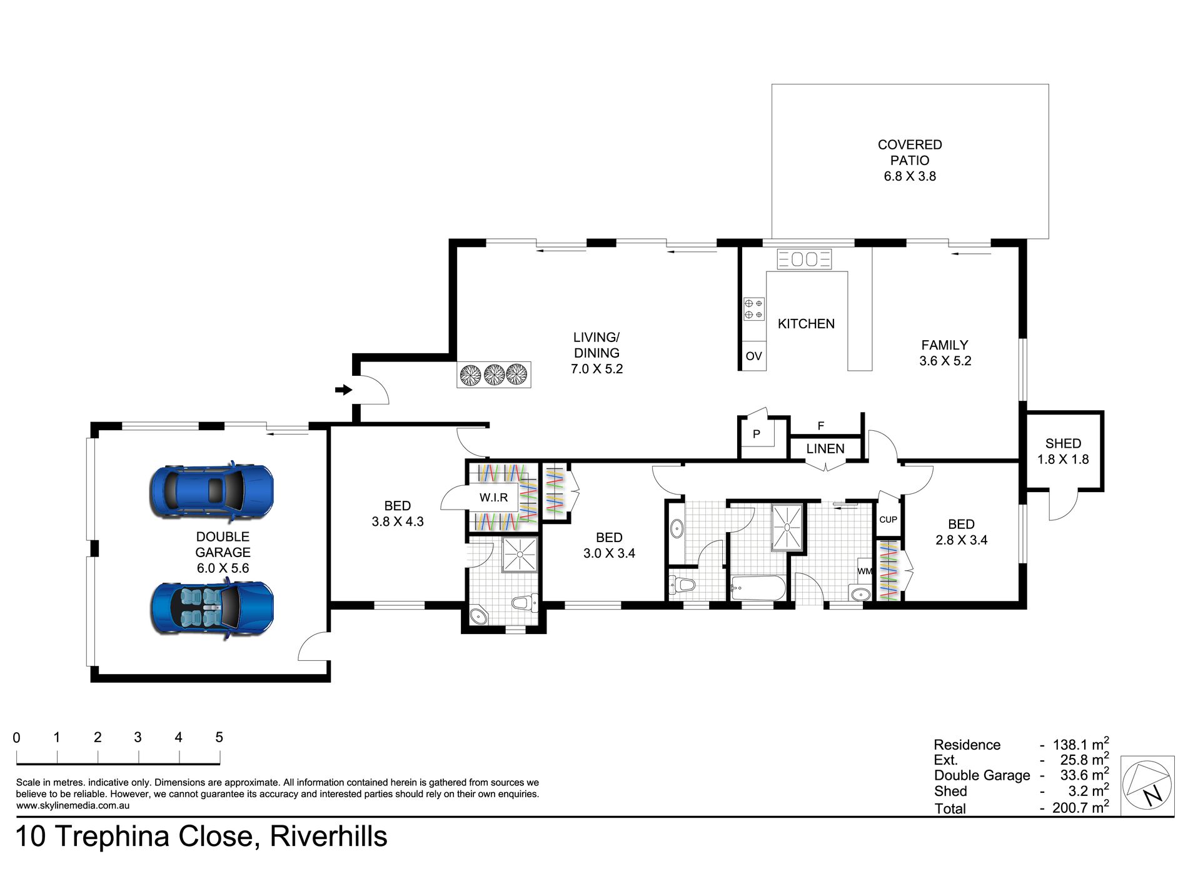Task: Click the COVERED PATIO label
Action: click(x=910, y=153)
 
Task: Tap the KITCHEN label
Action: click(x=806, y=324)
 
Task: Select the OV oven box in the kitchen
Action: click(x=753, y=356)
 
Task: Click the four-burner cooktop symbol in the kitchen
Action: click(x=753, y=309)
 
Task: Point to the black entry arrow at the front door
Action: click(x=344, y=390)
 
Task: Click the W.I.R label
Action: click(x=493, y=498)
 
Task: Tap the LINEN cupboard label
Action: click(x=825, y=449)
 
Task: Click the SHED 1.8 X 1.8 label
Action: click(x=1063, y=451)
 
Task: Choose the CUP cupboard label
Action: click(x=888, y=520)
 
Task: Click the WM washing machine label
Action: click(x=865, y=571)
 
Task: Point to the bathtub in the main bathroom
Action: click(x=758, y=588)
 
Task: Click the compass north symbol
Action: click(x=1147, y=785)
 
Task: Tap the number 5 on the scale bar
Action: click(x=219, y=737)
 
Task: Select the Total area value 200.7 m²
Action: click(x=1080, y=807)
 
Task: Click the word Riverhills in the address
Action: click(x=328, y=837)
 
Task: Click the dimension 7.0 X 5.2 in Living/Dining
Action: click(x=597, y=369)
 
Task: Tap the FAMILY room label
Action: click(x=944, y=345)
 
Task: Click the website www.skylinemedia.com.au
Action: click(x=73, y=805)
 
